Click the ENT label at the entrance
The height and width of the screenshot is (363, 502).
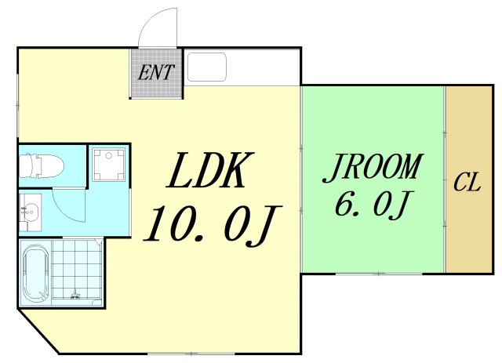(x=156, y=72)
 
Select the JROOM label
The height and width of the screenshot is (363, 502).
(x=373, y=168)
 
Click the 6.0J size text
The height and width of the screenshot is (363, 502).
(x=374, y=205)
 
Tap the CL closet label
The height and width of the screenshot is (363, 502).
(x=467, y=183)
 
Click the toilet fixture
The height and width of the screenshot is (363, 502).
(x=42, y=165)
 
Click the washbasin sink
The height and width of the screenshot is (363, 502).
(x=30, y=211)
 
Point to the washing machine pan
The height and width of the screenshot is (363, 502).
(x=109, y=164)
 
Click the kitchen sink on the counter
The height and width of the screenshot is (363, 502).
(x=207, y=67)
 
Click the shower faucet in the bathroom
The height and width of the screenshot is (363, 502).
(x=75, y=294)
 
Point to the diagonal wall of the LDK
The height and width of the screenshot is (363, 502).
(x=38, y=332)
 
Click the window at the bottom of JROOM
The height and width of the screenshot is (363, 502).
(x=379, y=274)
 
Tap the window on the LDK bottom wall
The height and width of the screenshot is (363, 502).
(x=191, y=354)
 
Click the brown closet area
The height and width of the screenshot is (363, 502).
(x=469, y=180)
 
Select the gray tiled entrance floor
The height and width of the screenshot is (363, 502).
(x=156, y=73)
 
